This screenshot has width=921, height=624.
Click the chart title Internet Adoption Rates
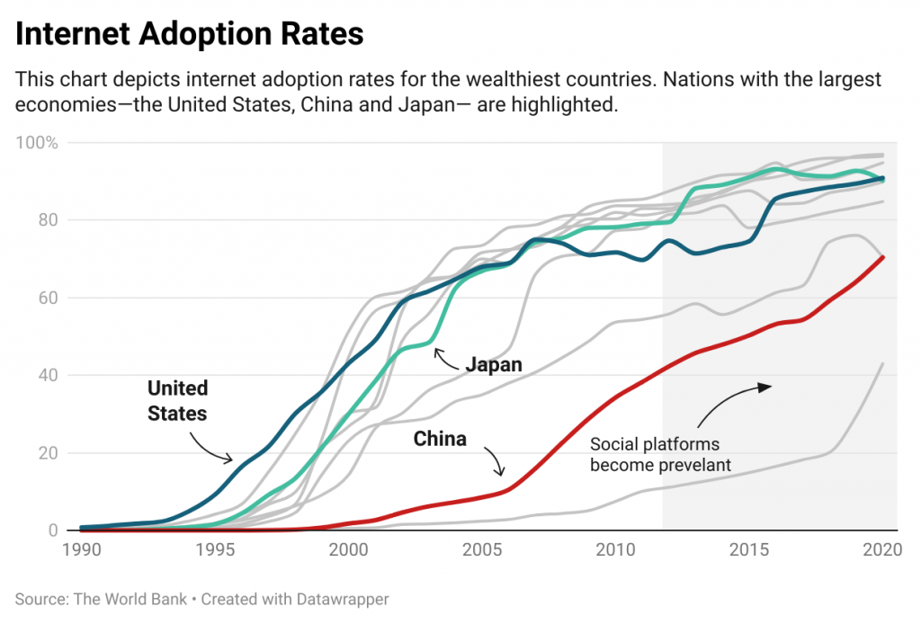point(190,33)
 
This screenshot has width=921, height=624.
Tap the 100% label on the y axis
point(40,143)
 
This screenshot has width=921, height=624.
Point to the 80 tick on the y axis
point(49,220)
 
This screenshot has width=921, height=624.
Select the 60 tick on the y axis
point(49,298)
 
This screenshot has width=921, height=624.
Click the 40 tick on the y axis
point(49,375)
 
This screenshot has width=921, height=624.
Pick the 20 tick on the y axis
point(49,453)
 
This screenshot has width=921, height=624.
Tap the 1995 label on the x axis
point(214,548)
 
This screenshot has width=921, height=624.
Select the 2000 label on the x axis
point(348,548)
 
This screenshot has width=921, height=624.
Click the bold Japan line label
point(494,365)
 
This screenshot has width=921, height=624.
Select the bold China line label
point(440,439)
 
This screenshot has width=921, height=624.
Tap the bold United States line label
point(177,401)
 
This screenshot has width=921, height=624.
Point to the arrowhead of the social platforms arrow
point(767,387)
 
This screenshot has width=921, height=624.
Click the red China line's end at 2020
point(883,257)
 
